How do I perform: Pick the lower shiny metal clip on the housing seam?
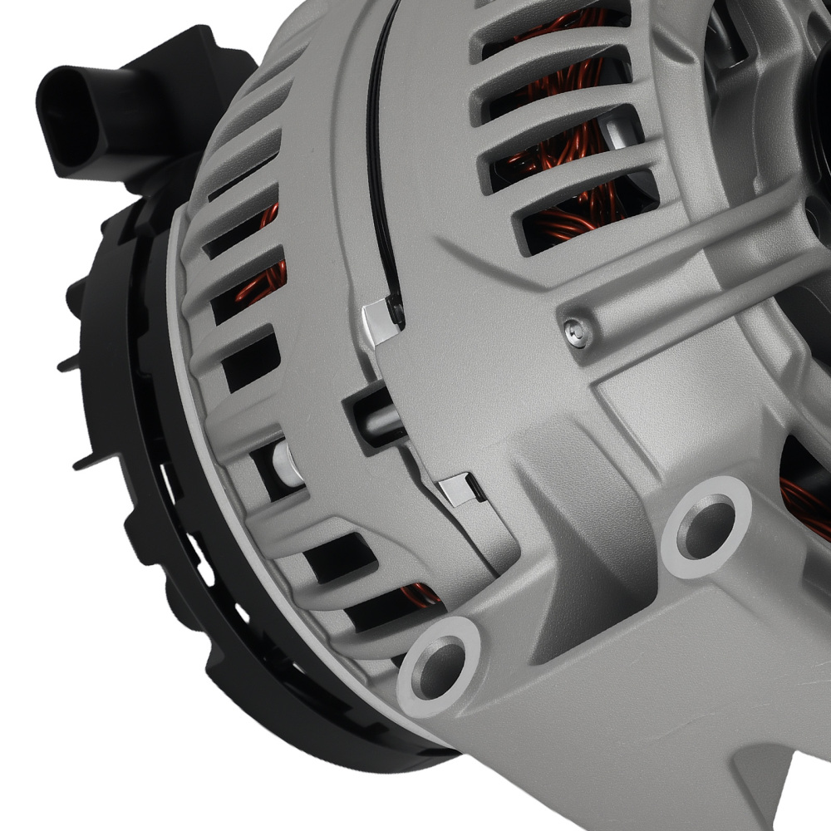[459, 489]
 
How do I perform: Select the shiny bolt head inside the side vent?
[284, 463]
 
